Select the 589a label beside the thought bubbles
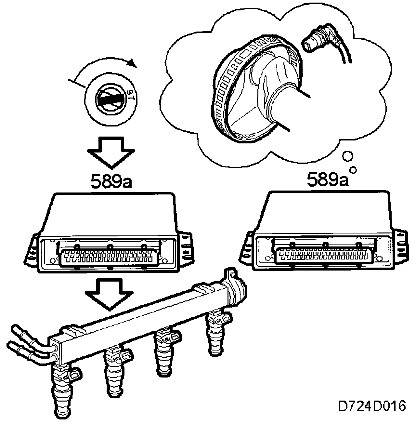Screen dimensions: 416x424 coord(328,180)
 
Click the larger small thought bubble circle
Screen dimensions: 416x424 coord(348,156)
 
